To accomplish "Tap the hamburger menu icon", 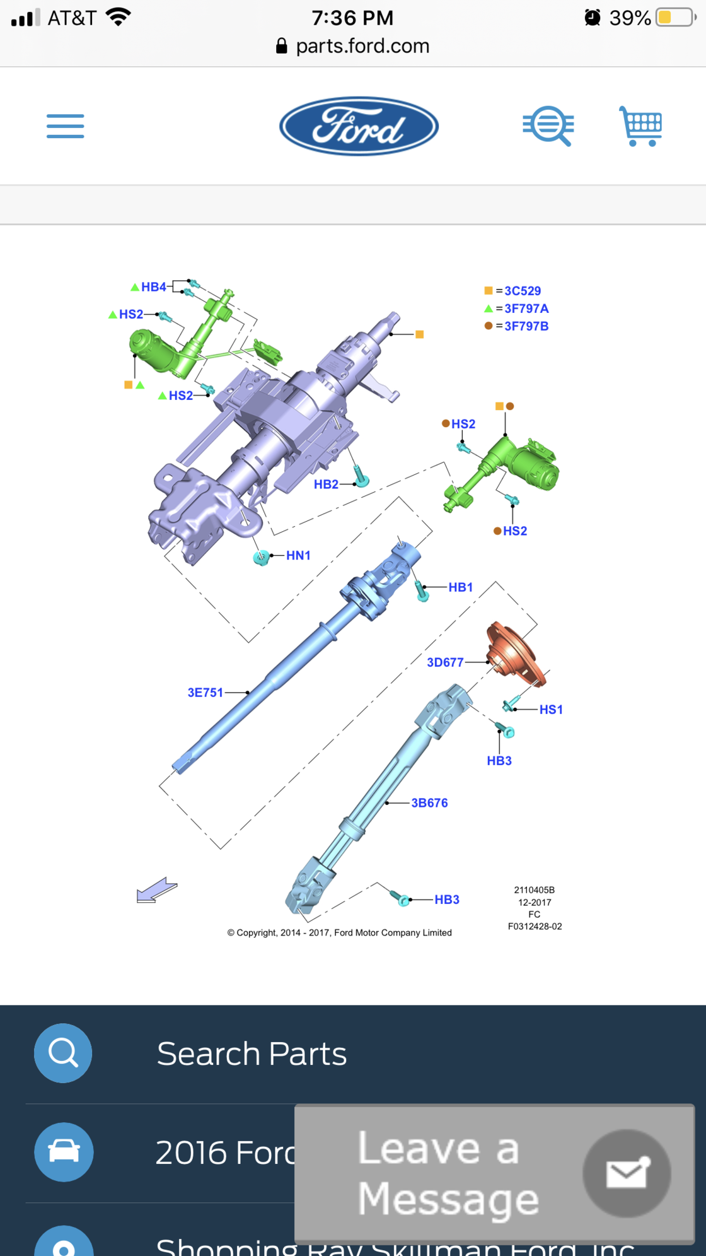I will pyautogui.click(x=65, y=126).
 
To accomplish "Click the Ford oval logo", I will pyautogui.click(x=359, y=126).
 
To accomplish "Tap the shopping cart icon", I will pyautogui.click(x=642, y=126).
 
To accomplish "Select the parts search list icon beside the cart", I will pyautogui.click(x=548, y=126).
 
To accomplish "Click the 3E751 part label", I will pyautogui.click(x=205, y=693).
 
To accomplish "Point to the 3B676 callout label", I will pyautogui.click(x=429, y=803).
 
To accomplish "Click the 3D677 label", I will pyautogui.click(x=445, y=662).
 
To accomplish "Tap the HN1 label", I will pyautogui.click(x=298, y=556).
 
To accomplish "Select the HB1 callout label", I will pyautogui.click(x=461, y=587).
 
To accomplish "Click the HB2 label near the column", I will pyautogui.click(x=326, y=484).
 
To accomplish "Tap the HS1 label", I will pyautogui.click(x=551, y=710).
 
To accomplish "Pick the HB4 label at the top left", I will pyautogui.click(x=153, y=287).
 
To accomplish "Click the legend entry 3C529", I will pyautogui.click(x=522, y=291).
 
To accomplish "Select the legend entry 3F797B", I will pyautogui.click(x=526, y=326).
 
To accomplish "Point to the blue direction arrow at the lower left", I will pyautogui.click(x=157, y=890).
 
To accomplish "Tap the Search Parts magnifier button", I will pyautogui.click(x=63, y=1053).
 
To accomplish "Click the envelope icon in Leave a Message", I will pyautogui.click(x=627, y=1173).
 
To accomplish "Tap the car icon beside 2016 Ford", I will pyautogui.click(x=64, y=1152).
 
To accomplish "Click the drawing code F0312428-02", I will pyautogui.click(x=535, y=927).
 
